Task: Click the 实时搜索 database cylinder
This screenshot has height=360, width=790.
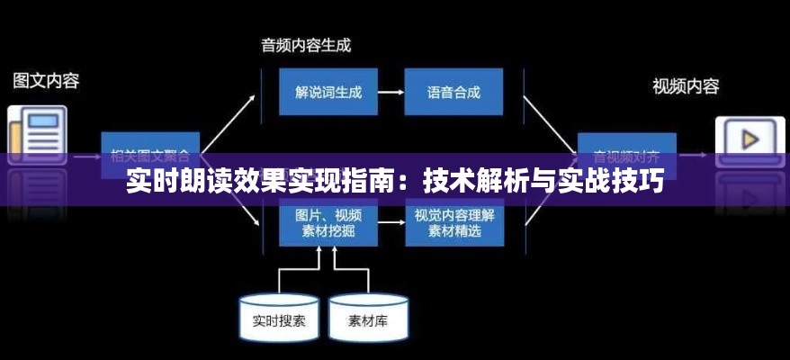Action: coord(279,319)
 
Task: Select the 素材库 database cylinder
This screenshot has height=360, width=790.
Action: coord(370,319)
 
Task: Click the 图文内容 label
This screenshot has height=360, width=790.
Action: coord(46,80)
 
